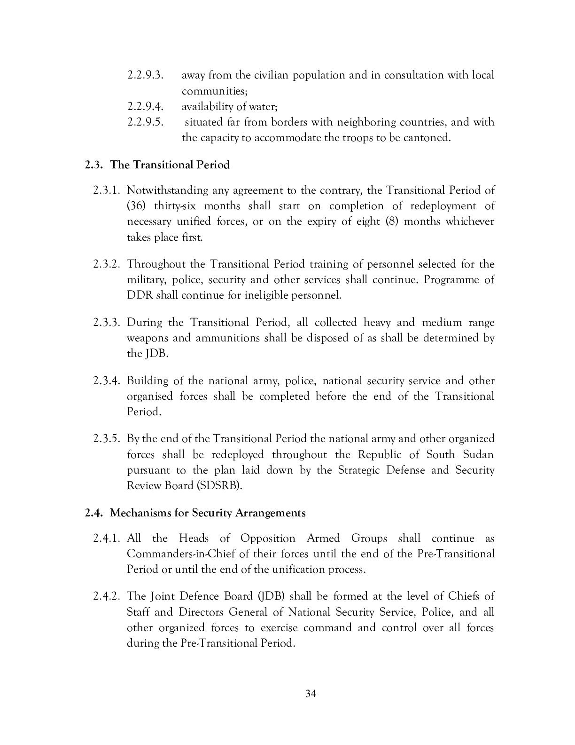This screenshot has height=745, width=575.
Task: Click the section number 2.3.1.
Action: [108, 190]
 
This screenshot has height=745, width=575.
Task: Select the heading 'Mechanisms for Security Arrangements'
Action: [208, 513]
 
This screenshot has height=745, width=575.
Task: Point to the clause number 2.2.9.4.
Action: [145, 107]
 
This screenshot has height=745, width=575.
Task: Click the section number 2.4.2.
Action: [108, 596]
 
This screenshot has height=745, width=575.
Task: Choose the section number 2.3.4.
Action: [108, 380]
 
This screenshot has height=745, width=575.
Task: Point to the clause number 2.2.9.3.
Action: [145, 75]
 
